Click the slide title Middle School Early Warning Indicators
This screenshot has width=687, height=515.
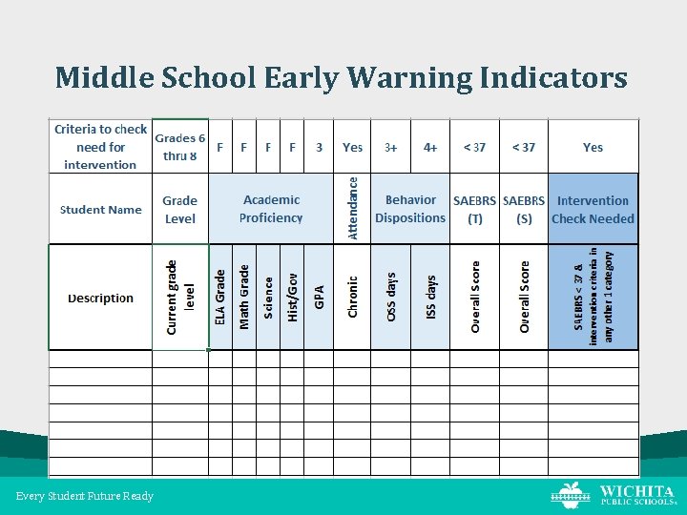pos(342,76)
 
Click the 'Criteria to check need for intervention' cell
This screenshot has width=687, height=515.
pos(100,147)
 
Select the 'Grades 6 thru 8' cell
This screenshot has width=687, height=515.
pos(180,147)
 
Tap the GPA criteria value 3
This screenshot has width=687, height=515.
pos(319,148)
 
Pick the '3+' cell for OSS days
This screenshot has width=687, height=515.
pos(391,148)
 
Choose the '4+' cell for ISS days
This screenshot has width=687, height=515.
pos(430,148)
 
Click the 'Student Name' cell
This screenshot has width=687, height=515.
pos(100,210)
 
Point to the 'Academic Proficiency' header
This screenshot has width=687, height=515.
pos(271,209)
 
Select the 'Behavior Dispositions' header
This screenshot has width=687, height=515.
pos(410,209)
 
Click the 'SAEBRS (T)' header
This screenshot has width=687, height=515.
pos(474,210)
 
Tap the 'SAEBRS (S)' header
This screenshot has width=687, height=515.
pos(524,210)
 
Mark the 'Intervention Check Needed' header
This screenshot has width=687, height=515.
pos(593,210)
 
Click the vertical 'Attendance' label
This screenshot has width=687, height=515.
pos(353,207)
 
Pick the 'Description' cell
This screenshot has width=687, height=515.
pos(100,299)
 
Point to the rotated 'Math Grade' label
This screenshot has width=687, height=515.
pos(244,298)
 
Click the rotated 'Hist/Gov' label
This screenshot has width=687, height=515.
pos(293,298)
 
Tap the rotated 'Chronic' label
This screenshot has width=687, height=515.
pos(353,298)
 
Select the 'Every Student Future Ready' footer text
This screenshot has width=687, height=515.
pos(85,496)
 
